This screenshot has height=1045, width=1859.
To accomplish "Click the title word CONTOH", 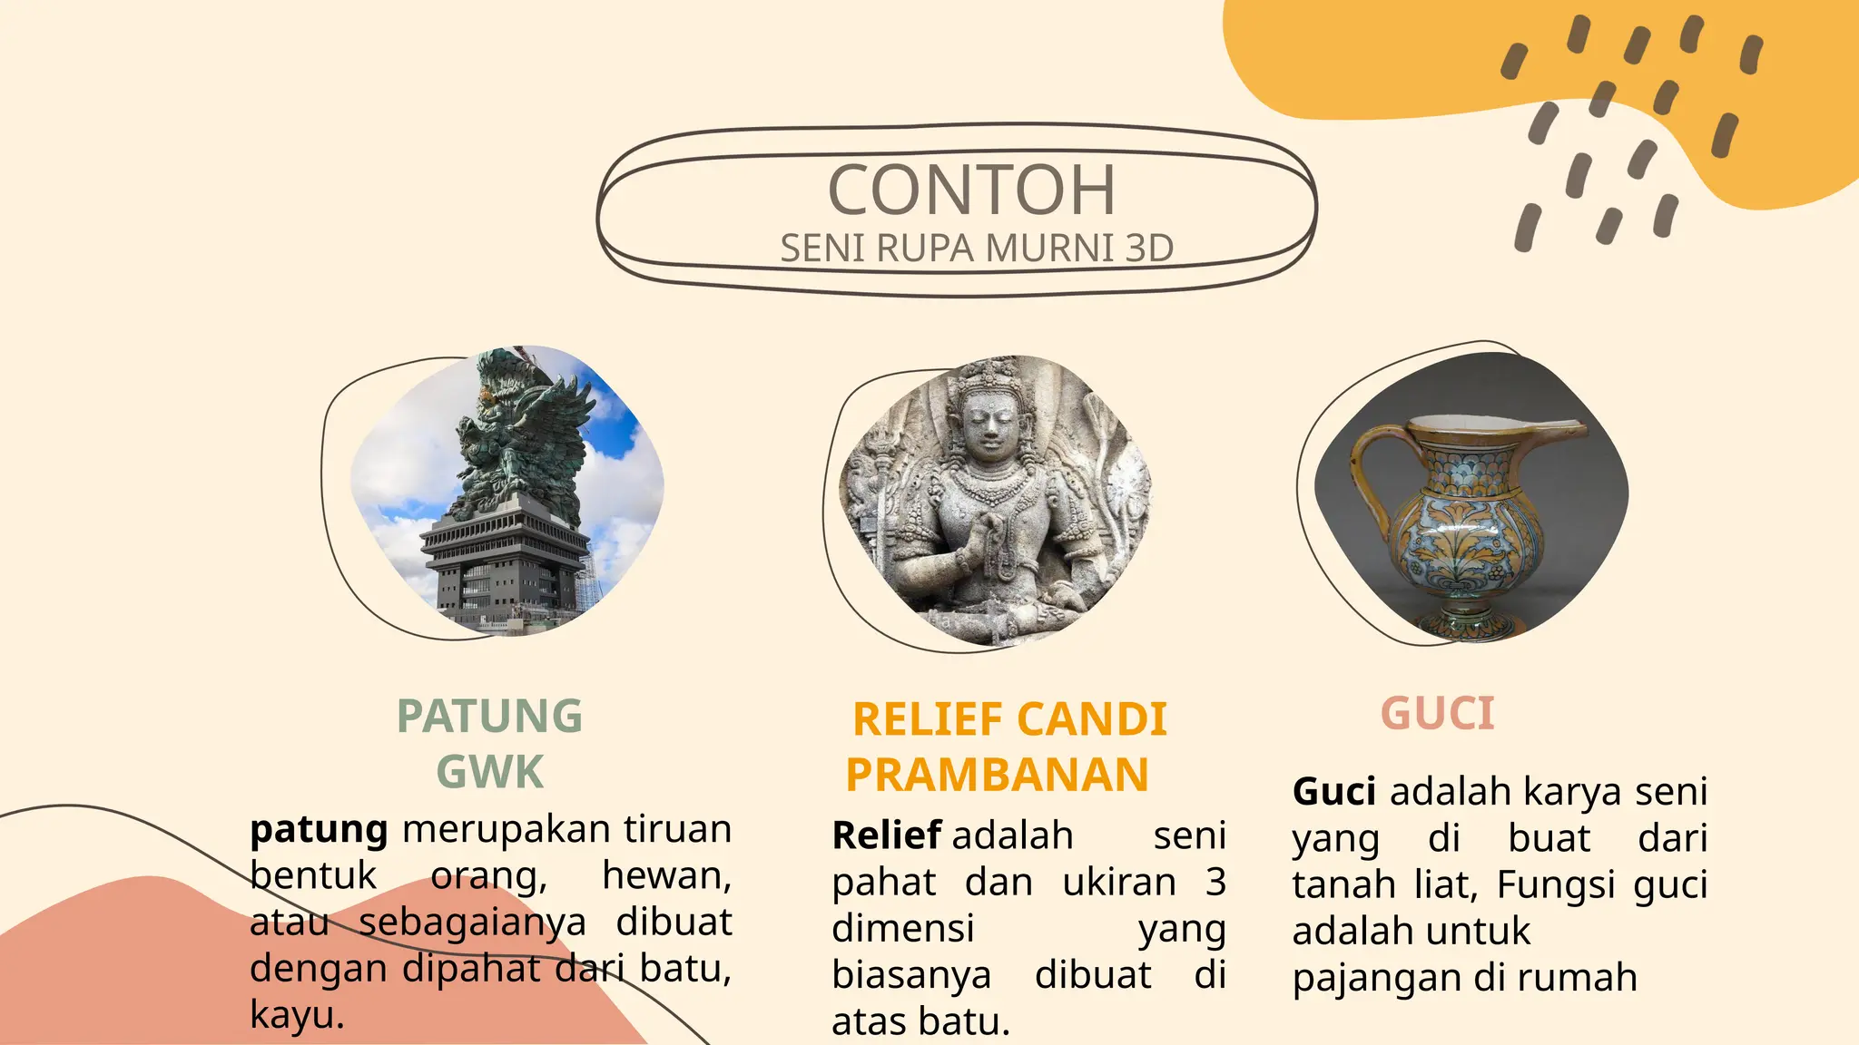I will point(970,190).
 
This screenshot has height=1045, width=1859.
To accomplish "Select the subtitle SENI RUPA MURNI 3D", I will point(977,249).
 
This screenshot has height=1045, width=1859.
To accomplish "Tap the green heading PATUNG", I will point(489,717).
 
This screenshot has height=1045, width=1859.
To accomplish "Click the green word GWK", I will point(489,773).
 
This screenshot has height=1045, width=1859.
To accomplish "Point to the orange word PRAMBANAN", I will point(997,776).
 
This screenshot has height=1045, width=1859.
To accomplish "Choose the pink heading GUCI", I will point(1437,714).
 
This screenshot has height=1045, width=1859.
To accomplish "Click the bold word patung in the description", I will point(319,829).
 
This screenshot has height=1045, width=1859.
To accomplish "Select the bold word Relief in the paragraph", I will point(886,835).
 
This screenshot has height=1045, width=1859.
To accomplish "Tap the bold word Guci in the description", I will point(1333,792).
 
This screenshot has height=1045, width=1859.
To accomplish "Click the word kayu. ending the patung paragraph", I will point(297,1015).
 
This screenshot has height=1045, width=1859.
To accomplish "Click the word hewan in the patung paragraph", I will point(665,876).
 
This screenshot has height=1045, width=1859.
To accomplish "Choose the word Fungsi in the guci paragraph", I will point(1555,884).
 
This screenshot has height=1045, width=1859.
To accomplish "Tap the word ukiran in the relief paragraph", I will point(1118,883).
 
